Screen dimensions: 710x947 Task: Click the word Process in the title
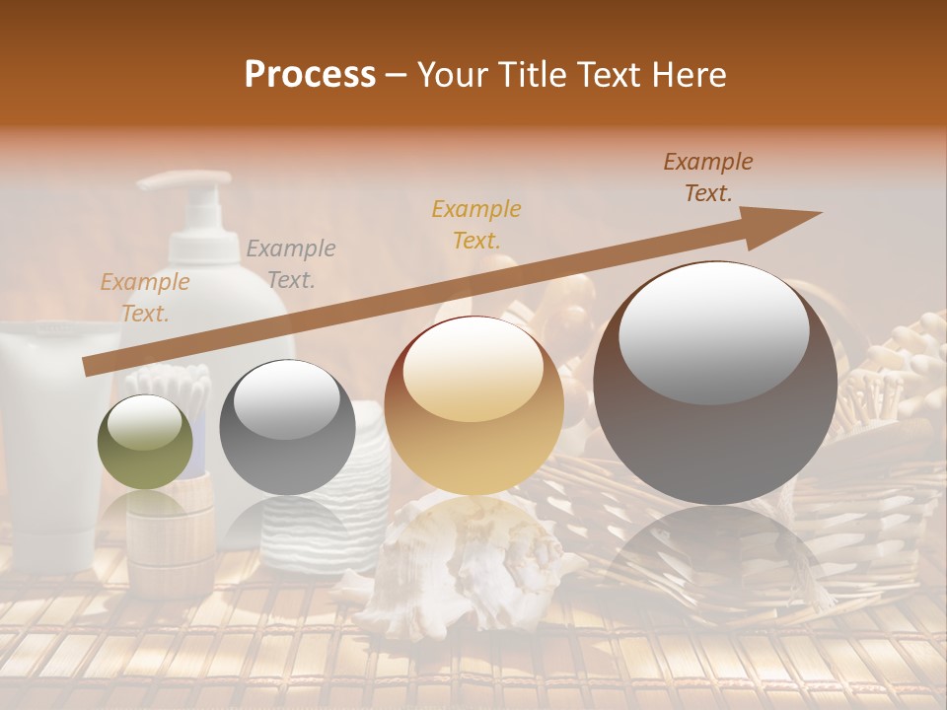click(310, 75)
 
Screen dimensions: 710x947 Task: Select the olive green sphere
click(145, 443)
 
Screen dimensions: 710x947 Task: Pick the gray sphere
click(287, 427)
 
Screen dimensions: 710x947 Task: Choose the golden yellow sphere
click(473, 405)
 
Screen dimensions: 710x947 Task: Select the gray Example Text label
click(290, 264)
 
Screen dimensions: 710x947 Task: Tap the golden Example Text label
click(475, 224)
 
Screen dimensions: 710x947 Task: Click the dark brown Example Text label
click(707, 177)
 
